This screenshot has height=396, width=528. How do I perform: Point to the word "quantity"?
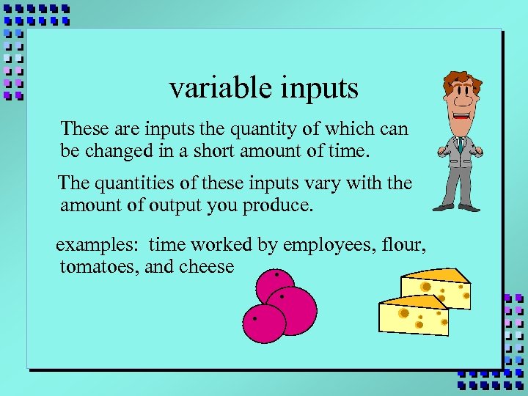click(x=260, y=131)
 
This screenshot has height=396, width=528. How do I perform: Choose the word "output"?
click(x=175, y=206)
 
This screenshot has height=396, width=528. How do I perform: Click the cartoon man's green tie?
click(x=459, y=144)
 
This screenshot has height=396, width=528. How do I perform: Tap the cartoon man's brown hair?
click(x=460, y=81)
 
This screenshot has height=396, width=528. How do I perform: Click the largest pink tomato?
click(x=291, y=310)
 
